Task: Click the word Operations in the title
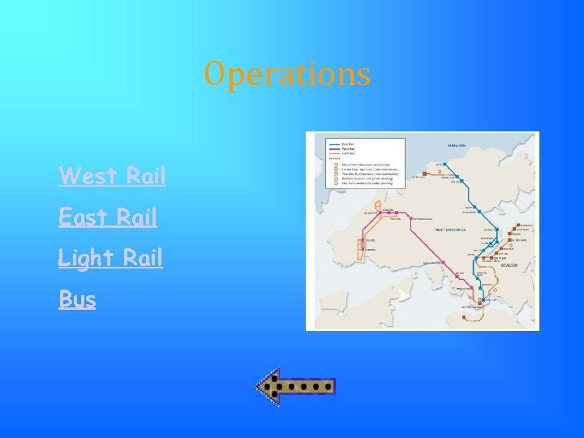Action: coord(288,75)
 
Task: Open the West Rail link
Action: coord(112,175)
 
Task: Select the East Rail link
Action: coord(108,217)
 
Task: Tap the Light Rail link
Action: coord(110,258)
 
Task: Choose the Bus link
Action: coord(77,299)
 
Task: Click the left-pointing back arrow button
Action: coord(295,388)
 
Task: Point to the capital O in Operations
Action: coord(214,74)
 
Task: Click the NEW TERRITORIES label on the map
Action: coord(451,230)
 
